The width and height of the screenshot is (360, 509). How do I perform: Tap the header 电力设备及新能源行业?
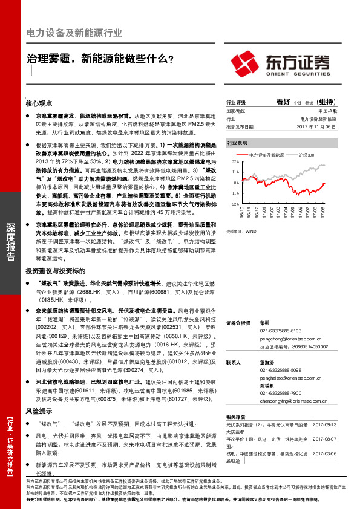pos(75,33)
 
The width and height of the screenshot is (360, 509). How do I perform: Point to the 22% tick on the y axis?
pos(235,163)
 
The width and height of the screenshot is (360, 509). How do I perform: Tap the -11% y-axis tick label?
pos(235,193)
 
